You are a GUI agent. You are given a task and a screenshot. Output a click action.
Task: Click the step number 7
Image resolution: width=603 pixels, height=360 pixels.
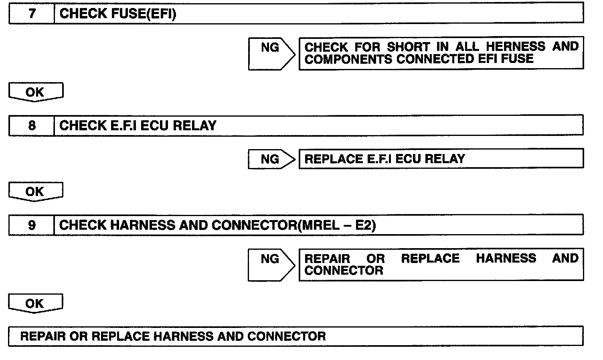(32, 14)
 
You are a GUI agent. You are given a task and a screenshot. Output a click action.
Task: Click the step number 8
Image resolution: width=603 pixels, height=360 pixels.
(32, 126)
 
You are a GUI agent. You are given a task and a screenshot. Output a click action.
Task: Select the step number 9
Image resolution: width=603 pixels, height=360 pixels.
(32, 225)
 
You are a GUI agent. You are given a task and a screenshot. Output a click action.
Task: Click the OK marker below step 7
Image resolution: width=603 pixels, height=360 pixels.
(35, 92)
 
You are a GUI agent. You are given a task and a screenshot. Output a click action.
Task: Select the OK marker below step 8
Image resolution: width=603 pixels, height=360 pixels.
(35, 192)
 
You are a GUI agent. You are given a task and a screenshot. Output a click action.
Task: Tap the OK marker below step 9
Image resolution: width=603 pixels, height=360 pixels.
(35, 303)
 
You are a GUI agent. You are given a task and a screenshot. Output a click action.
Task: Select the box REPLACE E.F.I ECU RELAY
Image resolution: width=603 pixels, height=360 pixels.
(441, 159)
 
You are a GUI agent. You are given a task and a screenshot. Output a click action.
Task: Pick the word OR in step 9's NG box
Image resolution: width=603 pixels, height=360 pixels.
(376, 259)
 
